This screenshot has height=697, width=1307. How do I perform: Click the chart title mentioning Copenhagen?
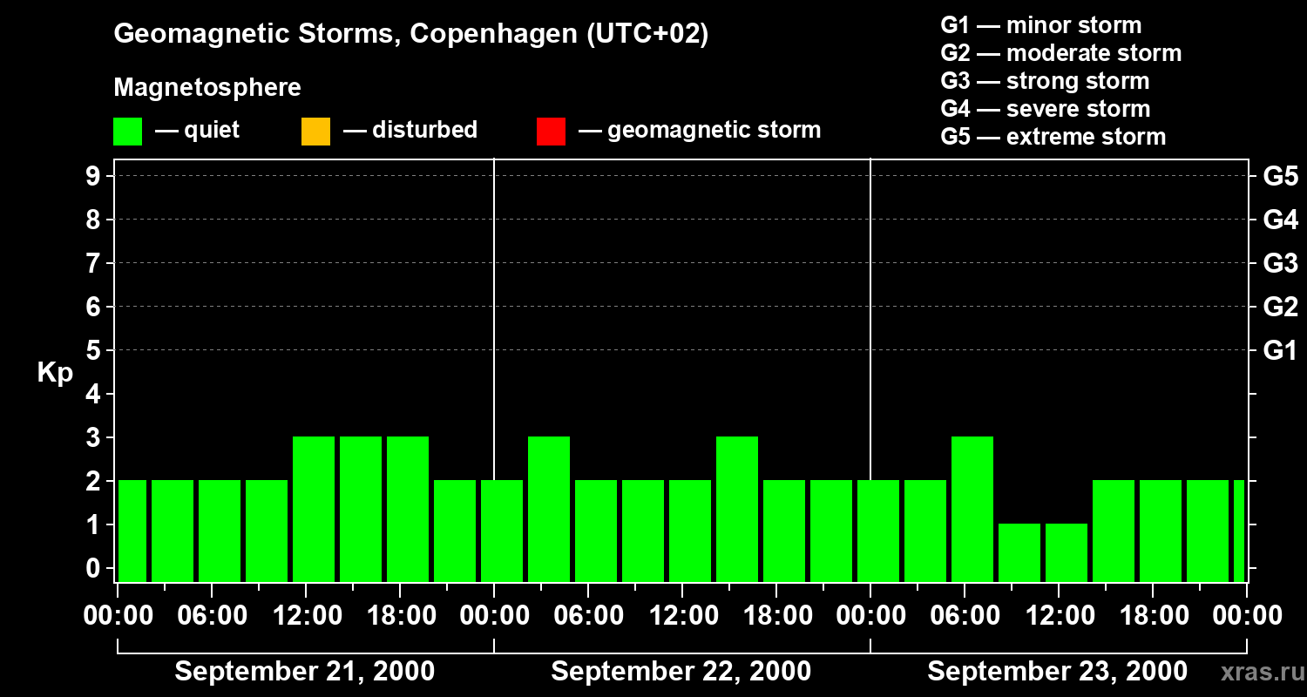click(410, 34)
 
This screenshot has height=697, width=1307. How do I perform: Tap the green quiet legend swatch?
click(127, 131)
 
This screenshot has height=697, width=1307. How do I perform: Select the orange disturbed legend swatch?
click(315, 131)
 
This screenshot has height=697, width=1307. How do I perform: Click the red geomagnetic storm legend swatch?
click(551, 131)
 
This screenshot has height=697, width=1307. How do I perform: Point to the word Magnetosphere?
click(207, 88)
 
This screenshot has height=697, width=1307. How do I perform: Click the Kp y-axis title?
click(55, 373)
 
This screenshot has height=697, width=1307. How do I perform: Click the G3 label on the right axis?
click(1280, 263)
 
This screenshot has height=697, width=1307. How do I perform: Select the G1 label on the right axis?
click(1280, 350)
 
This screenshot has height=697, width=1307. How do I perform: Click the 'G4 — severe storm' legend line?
click(1045, 109)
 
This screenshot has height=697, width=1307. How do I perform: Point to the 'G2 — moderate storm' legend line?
click(1060, 53)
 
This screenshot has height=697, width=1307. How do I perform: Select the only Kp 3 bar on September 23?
click(972, 509)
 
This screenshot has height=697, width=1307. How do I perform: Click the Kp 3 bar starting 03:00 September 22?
click(549, 509)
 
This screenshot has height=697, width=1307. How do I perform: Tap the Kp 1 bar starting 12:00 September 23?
click(1067, 552)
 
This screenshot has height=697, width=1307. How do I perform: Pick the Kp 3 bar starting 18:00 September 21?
click(408, 509)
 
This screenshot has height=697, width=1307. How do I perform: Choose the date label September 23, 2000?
click(1056, 672)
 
